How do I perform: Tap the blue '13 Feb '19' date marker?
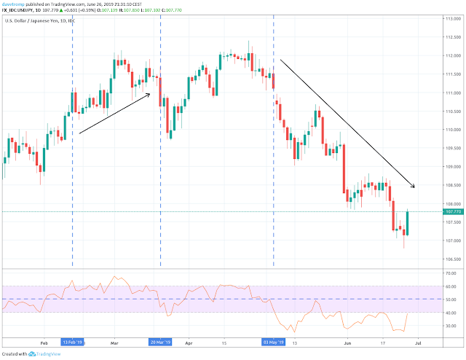tap(73, 341)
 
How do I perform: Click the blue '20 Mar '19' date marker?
tap(160, 341)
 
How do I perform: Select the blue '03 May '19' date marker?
tap(274, 341)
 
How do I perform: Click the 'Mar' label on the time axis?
tap(114, 341)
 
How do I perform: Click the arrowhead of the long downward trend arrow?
tap(413, 187)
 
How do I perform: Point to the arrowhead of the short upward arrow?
tap(150, 93)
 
